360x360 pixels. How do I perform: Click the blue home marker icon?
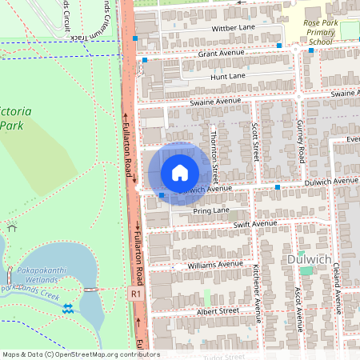[x=180, y=173]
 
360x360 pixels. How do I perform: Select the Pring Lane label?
[x=210, y=210]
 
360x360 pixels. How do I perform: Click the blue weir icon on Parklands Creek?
[x=67, y=307]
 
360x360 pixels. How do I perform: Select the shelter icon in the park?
[x=10, y=227]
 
